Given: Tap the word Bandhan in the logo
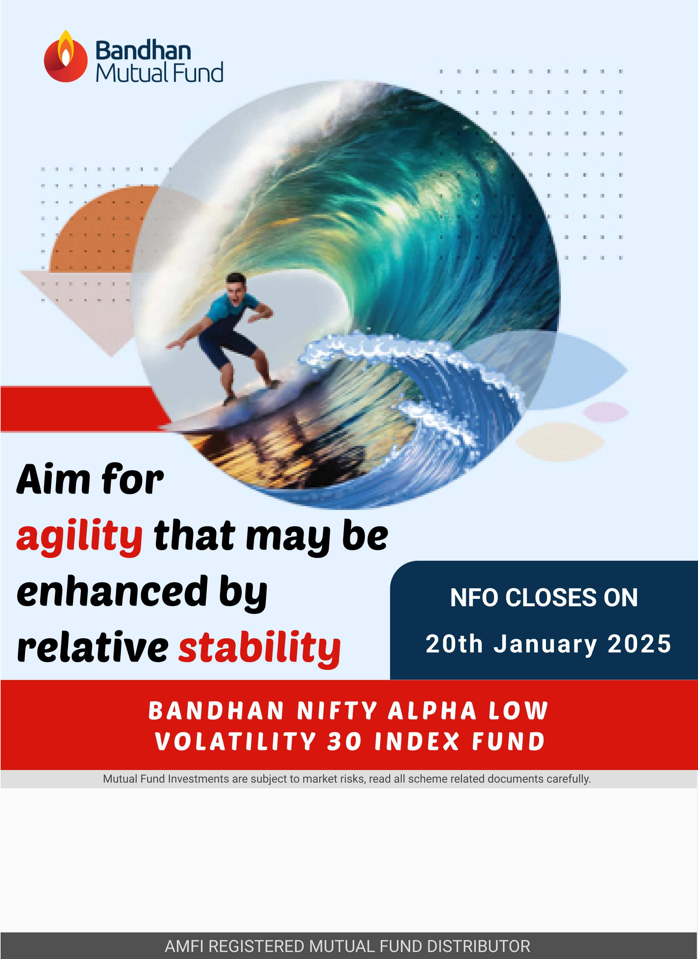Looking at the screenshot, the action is (x=143, y=51).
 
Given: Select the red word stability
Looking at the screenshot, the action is (x=259, y=648).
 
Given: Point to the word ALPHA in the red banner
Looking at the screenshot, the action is (x=432, y=710).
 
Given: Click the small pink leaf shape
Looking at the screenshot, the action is (x=606, y=412).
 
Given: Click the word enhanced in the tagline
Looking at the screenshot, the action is (x=112, y=592).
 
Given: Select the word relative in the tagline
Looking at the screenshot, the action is (x=93, y=647).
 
